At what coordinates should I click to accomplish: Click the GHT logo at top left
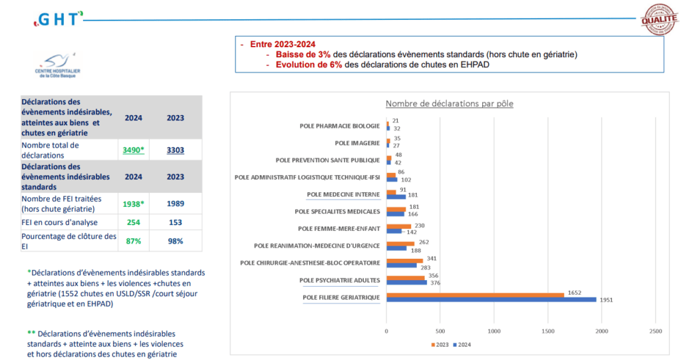pos(59,19)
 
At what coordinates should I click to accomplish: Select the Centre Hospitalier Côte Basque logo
pos(57,67)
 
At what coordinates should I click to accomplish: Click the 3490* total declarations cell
pos(132,150)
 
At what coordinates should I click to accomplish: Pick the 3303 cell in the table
pos(175,150)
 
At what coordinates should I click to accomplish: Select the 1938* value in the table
pos(133,203)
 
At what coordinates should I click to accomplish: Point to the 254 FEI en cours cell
pos(133,222)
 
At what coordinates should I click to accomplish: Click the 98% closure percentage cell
pos(176,241)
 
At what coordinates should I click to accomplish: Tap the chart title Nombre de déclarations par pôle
pos(450,104)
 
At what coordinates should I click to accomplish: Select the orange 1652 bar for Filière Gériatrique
pos(476,294)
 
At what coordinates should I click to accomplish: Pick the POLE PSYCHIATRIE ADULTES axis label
pos(340,280)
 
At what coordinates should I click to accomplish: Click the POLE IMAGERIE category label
pos(357,142)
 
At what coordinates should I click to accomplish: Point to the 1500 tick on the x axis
pos(548,330)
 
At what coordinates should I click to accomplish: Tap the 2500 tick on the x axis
pos(656,330)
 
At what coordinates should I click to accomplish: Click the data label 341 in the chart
pos(432,258)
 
